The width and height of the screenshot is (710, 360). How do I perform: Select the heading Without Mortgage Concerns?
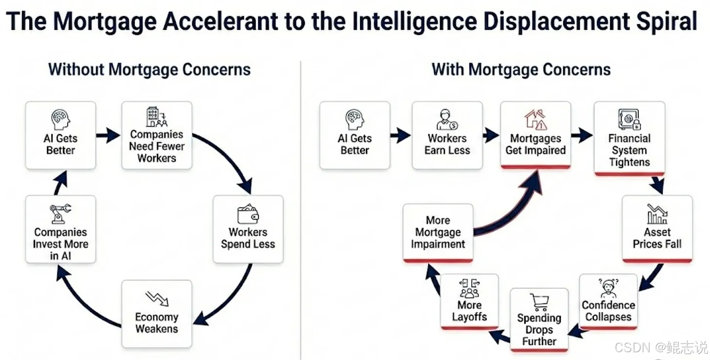(x=149, y=69)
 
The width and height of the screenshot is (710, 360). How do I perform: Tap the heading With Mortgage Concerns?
(x=521, y=69)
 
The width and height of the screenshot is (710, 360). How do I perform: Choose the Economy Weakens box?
(x=157, y=314)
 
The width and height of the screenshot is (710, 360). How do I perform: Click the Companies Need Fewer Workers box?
(x=157, y=135)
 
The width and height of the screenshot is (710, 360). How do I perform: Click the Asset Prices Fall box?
(x=657, y=229)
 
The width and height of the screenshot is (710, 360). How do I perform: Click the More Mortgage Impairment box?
(x=438, y=233)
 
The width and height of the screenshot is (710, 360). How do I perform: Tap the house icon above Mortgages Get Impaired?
(x=535, y=120)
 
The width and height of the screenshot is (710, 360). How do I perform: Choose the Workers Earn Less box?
(x=447, y=135)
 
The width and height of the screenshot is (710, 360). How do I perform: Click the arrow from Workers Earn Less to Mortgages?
(x=491, y=135)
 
